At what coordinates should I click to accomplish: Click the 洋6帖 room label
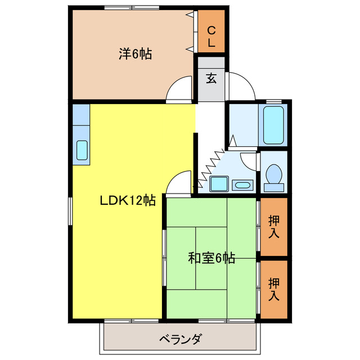(x=135, y=55)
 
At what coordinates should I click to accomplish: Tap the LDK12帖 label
(x=128, y=200)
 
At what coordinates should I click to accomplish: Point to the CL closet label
(x=211, y=37)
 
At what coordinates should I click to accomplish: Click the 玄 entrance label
(x=210, y=78)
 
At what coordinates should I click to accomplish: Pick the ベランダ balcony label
(x=180, y=339)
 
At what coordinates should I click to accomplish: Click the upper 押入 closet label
(x=274, y=226)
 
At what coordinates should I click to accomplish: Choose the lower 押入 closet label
(x=274, y=288)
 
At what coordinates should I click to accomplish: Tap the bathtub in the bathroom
(x=273, y=125)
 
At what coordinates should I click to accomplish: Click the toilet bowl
(x=274, y=173)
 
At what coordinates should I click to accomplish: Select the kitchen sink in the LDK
(x=82, y=150)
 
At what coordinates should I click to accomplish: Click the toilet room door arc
(x=248, y=159)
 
